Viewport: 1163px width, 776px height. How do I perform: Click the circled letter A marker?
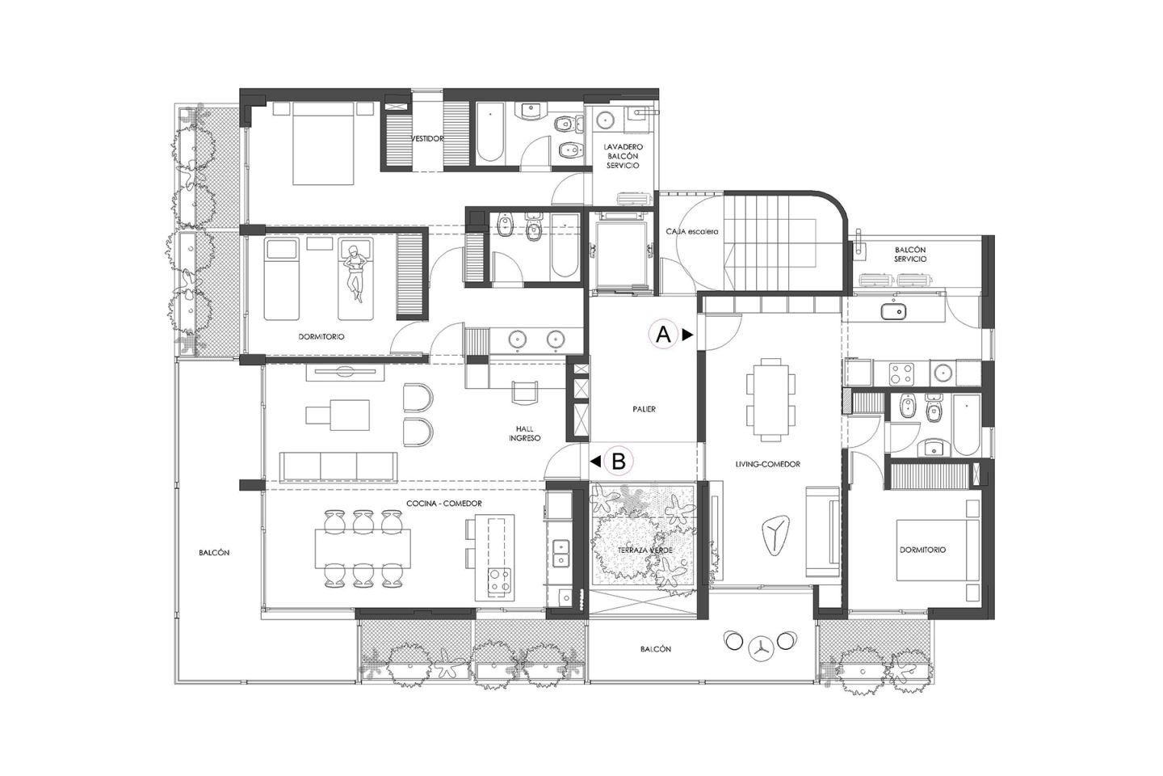[663, 334]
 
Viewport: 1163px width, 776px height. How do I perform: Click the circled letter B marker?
[619, 462]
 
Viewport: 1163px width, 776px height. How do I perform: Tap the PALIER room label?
[644, 409]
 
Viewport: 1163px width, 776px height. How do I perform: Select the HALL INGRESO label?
[524, 433]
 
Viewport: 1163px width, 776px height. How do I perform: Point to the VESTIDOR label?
[426, 139]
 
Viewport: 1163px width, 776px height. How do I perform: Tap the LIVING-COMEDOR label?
[767, 464]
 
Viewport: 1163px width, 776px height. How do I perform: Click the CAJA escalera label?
[691, 231]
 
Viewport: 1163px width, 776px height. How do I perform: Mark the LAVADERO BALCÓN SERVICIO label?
[622, 156]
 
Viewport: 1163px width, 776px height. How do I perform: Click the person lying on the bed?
[355, 269]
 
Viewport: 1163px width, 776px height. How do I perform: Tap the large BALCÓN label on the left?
[214, 553]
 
